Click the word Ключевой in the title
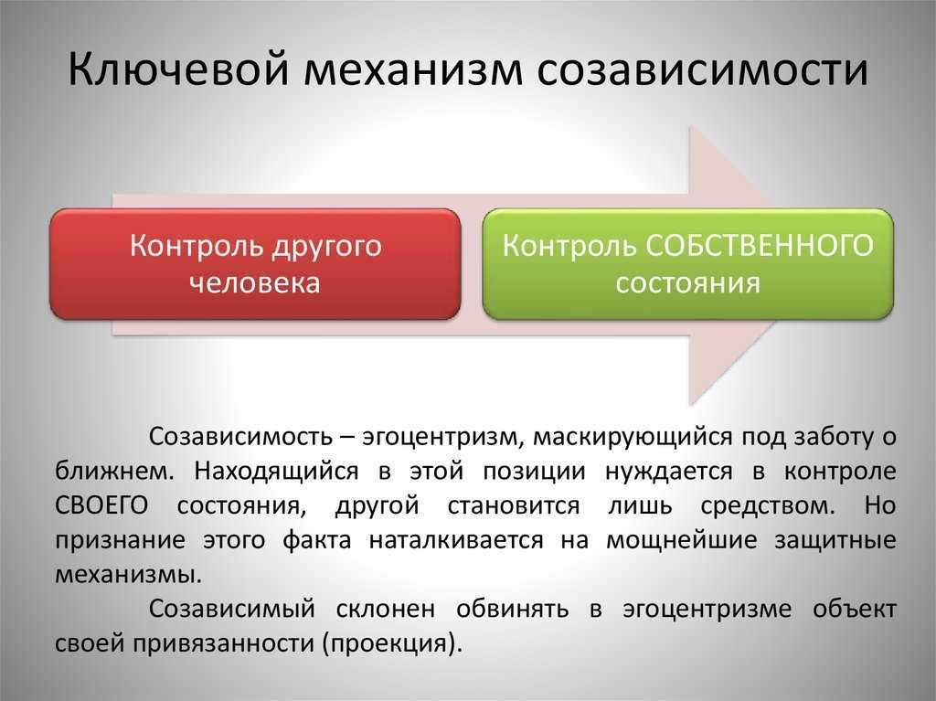[177, 69]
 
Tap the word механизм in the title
[412, 69]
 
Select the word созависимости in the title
[703, 69]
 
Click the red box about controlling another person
[256, 264]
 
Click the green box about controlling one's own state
[687, 264]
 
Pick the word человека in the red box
[255, 282]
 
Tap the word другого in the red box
[326, 247]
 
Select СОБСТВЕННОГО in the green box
[760, 246]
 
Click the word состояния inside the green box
[687, 282]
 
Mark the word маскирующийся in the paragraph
[633, 437]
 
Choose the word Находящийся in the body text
[276, 472]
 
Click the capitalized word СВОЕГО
[101, 505]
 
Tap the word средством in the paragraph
[767, 506]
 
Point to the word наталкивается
[456, 540]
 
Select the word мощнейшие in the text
[682, 540]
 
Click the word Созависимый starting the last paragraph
[231, 609]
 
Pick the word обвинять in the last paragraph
[513, 609]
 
